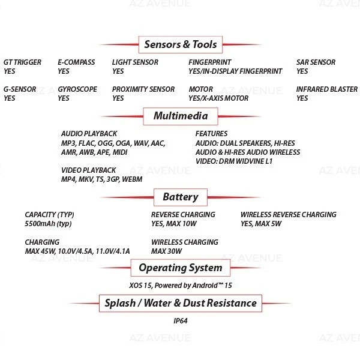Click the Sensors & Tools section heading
181,44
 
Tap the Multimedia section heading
181,116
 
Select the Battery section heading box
181,197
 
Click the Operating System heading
181,268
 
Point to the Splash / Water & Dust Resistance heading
181,303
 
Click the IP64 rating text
181,321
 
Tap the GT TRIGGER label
22,62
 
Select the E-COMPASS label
76,62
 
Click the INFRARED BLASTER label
327,89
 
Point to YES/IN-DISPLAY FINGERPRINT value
235,71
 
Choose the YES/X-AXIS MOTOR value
218,98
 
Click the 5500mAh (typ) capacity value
48,224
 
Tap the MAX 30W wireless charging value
166,251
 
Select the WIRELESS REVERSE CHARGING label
289,214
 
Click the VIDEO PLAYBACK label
88,170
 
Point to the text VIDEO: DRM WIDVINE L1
234,161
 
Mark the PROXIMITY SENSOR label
143,89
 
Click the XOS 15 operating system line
181,286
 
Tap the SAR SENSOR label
316,62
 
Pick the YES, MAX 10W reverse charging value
173,224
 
